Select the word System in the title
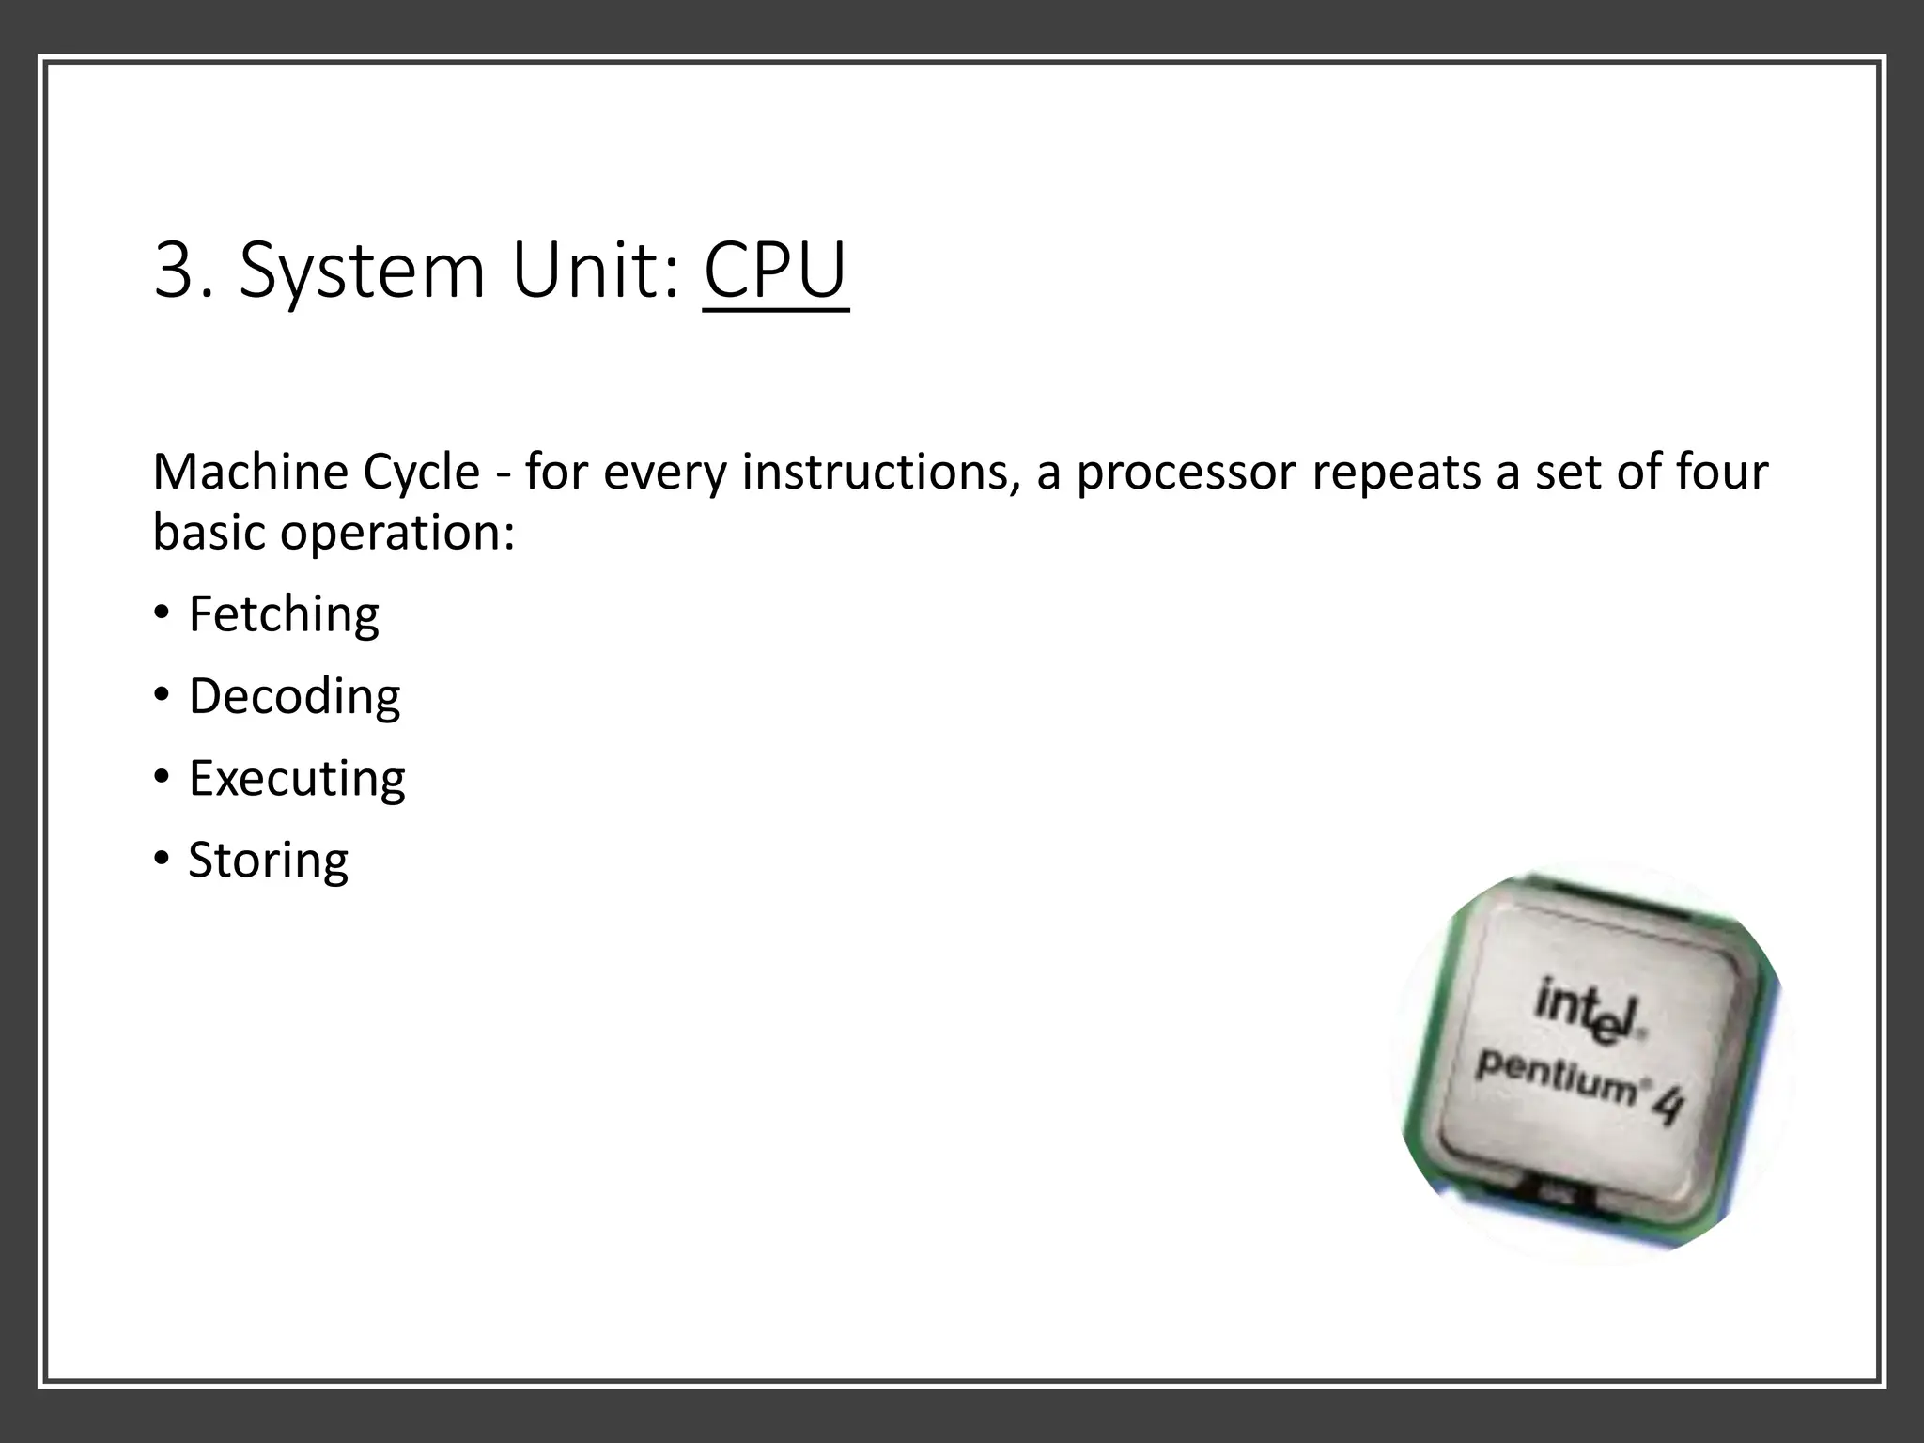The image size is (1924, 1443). (362, 273)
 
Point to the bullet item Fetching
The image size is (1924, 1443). (284, 615)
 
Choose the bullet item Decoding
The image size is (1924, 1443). (294, 697)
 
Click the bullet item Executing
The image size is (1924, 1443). (297, 779)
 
